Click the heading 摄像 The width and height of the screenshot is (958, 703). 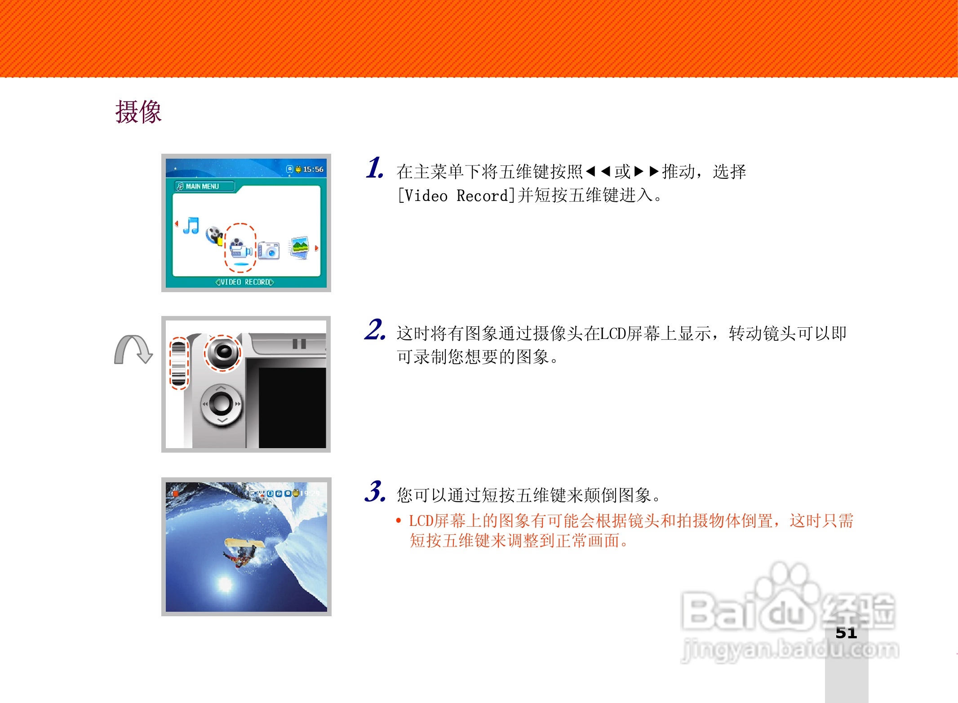click(x=138, y=112)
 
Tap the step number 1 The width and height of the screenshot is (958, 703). click(x=374, y=169)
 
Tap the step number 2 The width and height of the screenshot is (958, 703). click(x=374, y=330)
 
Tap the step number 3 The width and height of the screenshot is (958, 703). click(x=374, y=492)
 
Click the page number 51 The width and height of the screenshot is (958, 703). click(x=846, y=633)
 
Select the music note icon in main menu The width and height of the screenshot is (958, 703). click(x=191, y=226)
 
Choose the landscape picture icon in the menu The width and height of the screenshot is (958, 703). click(x=300, y=247)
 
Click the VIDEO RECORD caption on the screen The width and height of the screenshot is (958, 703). click(x=244, y=282)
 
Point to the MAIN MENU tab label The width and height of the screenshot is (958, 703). click(x=202, y=187)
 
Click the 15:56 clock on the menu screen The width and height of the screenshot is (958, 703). click(x=313, y=169)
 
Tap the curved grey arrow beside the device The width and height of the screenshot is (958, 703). click(x=133, y=350)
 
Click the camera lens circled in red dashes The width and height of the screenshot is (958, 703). click(x=223, y=352)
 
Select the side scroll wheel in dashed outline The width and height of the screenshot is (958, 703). click(x=178, y=364)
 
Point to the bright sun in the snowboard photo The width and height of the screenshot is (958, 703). click(x=225, y=584)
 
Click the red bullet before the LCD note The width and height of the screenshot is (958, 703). click(x=398, y=521)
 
